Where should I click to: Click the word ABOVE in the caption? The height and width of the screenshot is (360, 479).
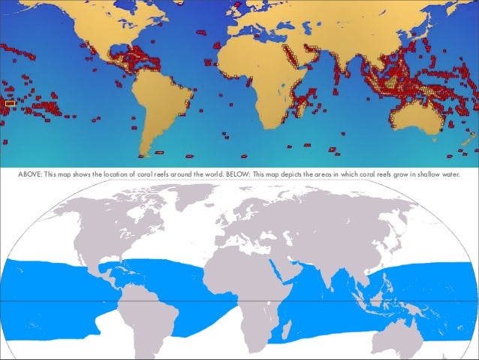click(29, 176)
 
